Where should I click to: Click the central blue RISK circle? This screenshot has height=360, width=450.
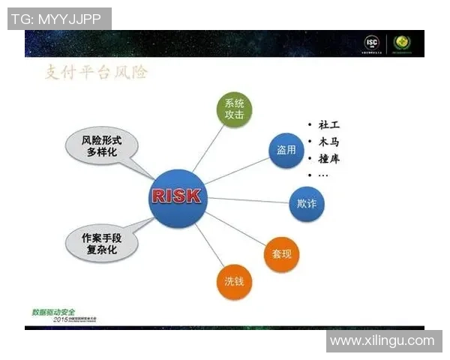pyautogui.click(x=177, y=197)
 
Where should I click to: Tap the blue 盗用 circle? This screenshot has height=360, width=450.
pyautogui.click(x=286, y=149)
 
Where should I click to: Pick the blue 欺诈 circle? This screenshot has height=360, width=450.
pyautogui.click(x=306, y=203)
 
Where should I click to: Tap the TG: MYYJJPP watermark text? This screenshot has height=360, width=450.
pyautogui.click(x=58, y=19)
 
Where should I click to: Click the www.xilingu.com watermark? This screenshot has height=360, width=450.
pyautogui.click(x=382, y=341)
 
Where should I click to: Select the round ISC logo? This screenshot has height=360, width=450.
pyautogui.click(x=372, y=43)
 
